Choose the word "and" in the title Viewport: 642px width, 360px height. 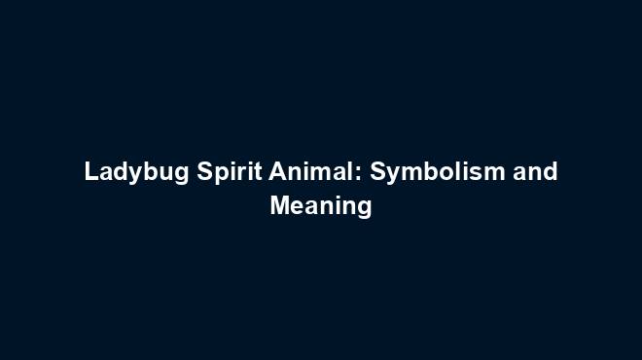[x=535, y=172]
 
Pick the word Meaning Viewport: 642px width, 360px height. [x=320, y=206]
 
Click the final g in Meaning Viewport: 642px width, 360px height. [x=364, y=209]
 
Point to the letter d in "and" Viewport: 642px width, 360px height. [x=550, y=172]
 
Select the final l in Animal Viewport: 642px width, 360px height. [x=351, y=172]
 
